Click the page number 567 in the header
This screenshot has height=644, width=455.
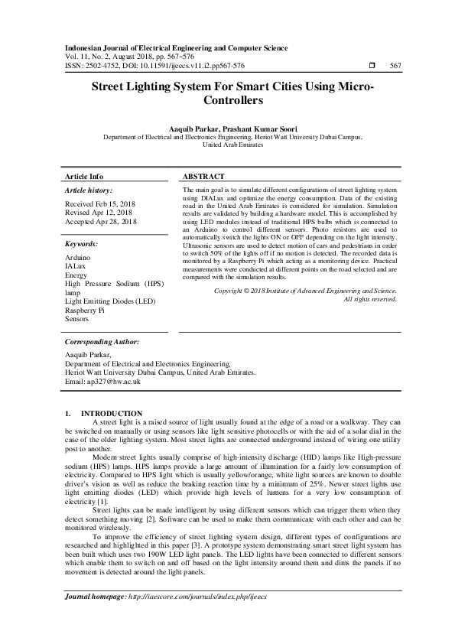coord(395,66)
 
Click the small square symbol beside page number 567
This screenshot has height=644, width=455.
coord(371,66)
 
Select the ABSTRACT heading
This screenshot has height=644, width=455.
coord(203,175)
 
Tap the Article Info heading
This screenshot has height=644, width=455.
coord(84,175)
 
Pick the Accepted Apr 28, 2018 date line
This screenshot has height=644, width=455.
coord(102,222)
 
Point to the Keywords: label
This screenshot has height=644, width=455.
coord(81,244)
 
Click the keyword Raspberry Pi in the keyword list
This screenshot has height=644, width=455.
coord(86,311)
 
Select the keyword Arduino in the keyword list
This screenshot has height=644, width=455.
coord(78,259)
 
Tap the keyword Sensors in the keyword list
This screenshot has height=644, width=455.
coord(78,320)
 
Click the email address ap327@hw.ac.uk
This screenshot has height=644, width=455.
coord(104,381)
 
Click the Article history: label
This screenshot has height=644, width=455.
coord(88,190)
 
